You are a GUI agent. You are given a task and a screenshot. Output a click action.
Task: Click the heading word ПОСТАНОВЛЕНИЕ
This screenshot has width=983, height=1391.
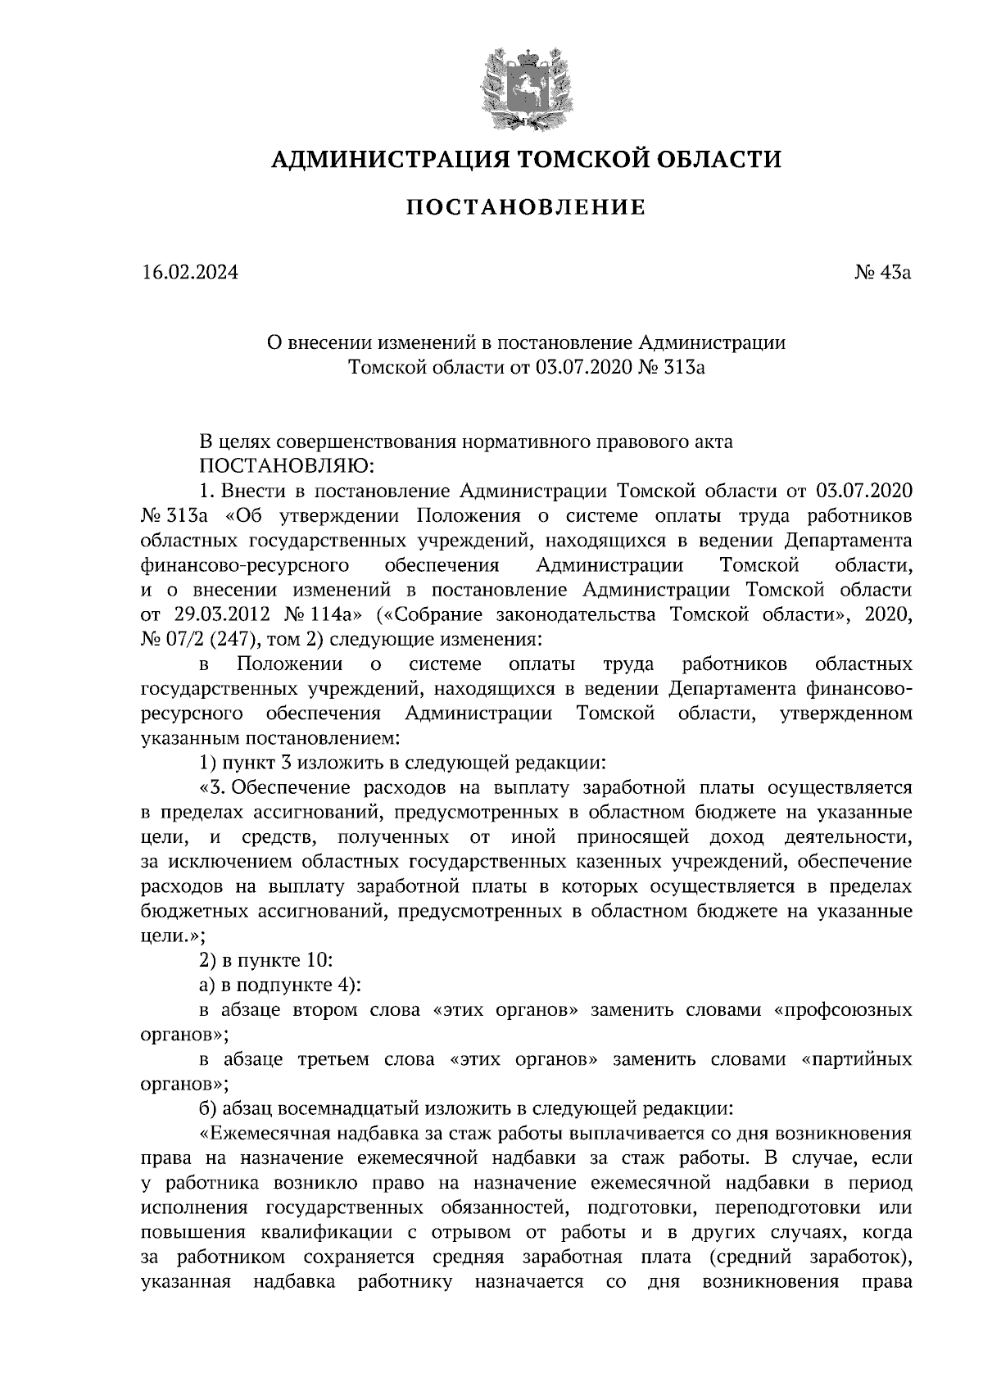[x=526, y=207]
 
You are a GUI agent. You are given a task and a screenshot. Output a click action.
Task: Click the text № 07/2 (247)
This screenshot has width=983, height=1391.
[x=195, y=640]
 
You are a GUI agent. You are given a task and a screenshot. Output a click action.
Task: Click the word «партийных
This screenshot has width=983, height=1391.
[x=854, y=1060]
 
